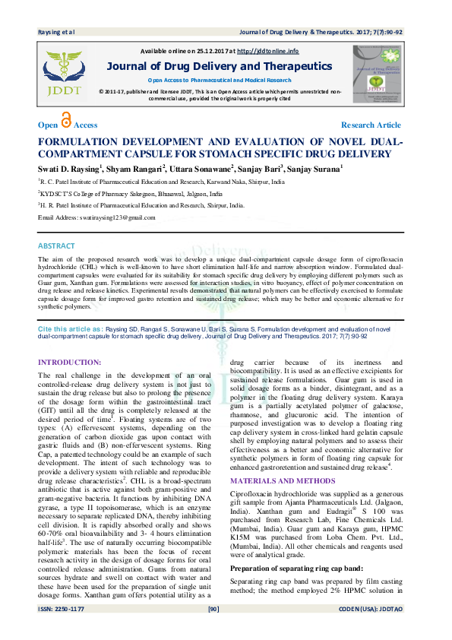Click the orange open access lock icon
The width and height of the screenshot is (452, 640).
66,122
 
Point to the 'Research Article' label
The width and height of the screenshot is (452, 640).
371,125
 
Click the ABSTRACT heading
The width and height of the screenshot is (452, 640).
57,246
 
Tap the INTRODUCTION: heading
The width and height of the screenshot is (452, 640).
69,362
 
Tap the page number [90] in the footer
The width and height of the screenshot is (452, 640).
213,629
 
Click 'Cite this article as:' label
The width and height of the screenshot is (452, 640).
71,328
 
